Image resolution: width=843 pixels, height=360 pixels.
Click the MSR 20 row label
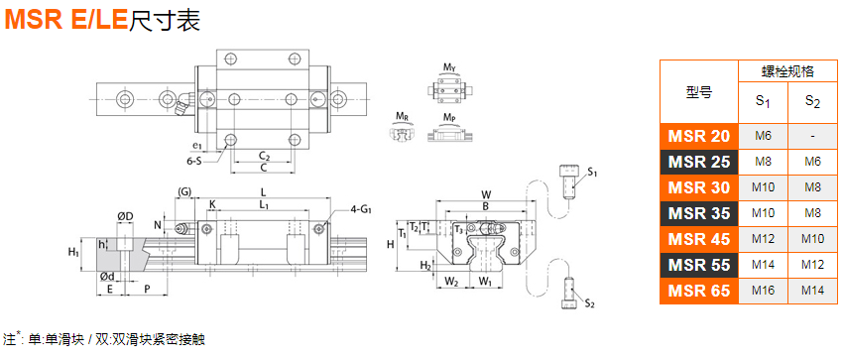click(699, 136)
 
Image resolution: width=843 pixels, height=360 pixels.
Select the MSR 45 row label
click(699, 239)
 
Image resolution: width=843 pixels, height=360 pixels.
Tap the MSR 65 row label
click(699, 291)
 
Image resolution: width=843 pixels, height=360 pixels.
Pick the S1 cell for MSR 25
click(763, 162)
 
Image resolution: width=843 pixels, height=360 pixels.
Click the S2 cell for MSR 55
click(812, 265)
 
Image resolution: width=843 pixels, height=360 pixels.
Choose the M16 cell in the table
click(763, 291)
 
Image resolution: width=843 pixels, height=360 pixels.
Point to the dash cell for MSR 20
click(812, 136)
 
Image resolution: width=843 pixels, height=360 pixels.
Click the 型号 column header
click(699, 92)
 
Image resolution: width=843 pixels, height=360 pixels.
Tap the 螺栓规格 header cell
click(787, 71)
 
